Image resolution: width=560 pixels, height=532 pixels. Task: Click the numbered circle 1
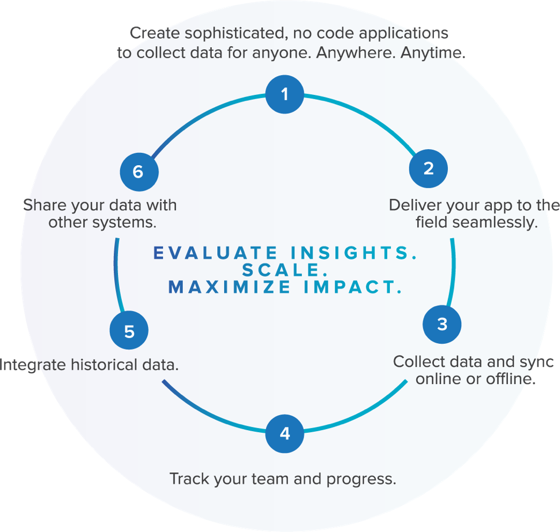285,95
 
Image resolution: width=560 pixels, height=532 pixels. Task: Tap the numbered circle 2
428,169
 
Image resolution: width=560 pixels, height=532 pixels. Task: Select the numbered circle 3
442,324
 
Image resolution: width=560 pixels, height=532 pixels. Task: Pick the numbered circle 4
285,433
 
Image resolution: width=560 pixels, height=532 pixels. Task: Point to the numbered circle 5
129,332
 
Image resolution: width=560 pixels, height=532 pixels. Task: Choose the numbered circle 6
138,172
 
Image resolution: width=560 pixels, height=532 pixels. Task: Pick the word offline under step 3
509,379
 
